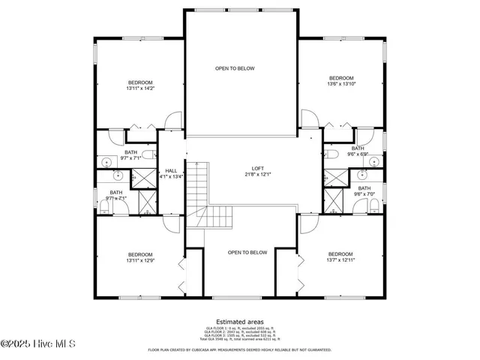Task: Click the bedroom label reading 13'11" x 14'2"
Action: [x=140, y=85]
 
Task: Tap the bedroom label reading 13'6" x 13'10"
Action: [x=341, y=82]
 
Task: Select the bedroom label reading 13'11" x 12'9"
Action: [x=140, y=257]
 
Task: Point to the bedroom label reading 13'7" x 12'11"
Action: [x=340, y=257]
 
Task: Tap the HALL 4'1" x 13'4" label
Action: [x=171, y=173]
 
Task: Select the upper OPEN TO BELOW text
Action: [x=235, y=68]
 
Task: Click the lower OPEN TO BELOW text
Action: [x=247, y=253]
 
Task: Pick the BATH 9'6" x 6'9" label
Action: [x=358, y=151]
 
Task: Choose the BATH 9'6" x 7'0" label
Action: [x=364, y=191]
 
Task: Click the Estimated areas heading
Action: [x=240, y=321]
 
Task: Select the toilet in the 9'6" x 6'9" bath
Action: [x=331, y=154]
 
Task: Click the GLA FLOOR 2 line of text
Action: [x=240, y=331]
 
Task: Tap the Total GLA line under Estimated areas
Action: [x=240, y=340]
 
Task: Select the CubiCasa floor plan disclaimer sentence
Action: [x=240, y=349]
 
